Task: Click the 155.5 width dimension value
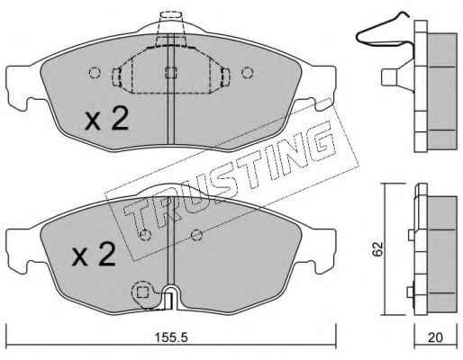171,337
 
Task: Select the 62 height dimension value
377,248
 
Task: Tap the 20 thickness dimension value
435,337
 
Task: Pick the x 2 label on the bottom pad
94,255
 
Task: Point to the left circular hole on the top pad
95,72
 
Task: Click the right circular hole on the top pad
248,72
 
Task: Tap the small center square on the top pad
171,72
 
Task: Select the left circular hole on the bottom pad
146,235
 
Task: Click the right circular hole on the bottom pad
196,235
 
